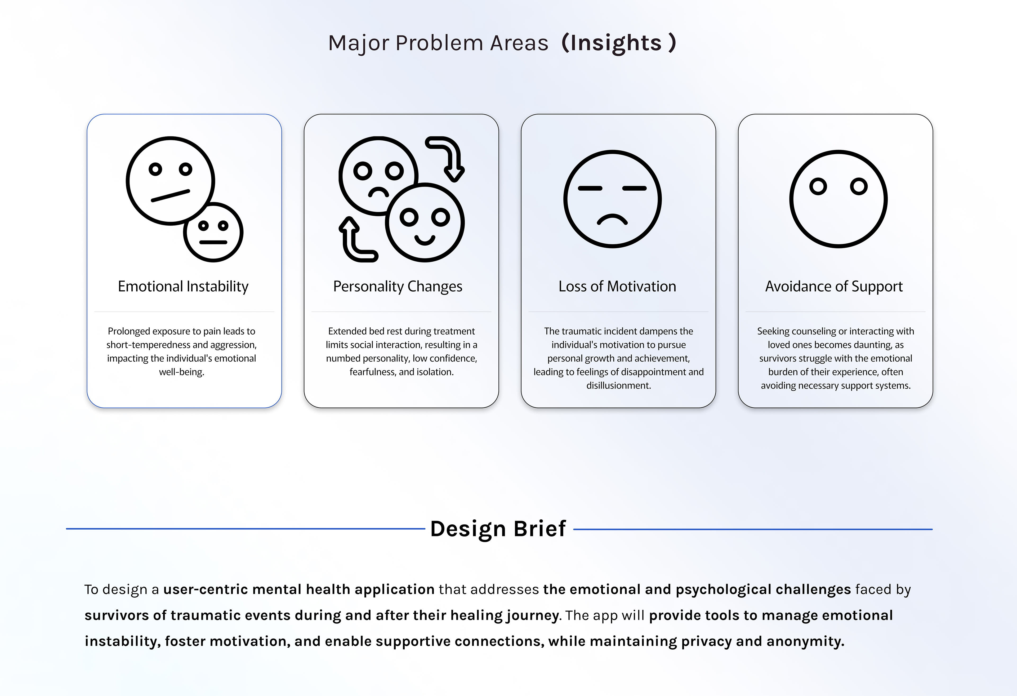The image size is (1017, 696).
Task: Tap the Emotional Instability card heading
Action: (183, 286)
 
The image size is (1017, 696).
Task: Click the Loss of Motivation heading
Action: (617, 286)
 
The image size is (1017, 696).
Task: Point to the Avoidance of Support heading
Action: (834, 286)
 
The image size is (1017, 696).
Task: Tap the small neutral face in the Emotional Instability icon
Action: (213, 233)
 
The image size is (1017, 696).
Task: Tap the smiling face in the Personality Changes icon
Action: (425, 222)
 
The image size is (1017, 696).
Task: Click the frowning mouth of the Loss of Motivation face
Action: (613, 219)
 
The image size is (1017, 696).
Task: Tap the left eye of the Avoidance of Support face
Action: (818, 186)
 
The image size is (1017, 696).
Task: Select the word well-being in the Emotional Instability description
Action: (182, 372)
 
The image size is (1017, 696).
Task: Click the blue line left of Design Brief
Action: (245, 529)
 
